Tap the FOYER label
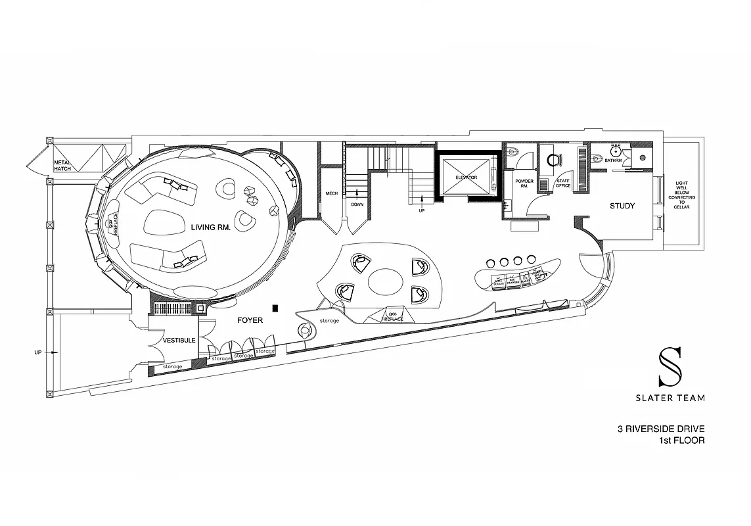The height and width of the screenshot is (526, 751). coord(250,321)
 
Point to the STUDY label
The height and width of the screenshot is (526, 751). coord(622,206)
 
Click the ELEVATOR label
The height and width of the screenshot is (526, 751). coord(465,178)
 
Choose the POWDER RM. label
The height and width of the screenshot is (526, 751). coord(524,183)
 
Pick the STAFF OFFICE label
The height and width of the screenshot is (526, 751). coord(563,183)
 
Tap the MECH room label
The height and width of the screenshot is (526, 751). coord(331,193)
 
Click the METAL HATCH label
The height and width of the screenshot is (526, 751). coord(62,165)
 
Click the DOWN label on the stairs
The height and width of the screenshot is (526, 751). coord(357,204)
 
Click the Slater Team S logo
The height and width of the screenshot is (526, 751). coord(670,367)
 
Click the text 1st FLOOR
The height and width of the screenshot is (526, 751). coord(681,441)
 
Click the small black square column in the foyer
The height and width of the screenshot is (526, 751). coord(277,307)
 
